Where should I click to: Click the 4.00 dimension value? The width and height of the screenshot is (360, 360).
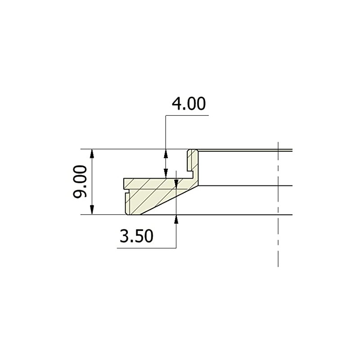189,104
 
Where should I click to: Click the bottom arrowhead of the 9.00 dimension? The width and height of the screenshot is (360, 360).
92,210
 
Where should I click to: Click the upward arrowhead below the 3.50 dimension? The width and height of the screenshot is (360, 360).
175,219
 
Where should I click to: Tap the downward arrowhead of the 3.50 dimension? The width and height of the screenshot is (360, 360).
175,183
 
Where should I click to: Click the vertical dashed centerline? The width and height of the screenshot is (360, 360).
279,225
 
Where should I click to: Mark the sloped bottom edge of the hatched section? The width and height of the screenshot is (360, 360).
166,202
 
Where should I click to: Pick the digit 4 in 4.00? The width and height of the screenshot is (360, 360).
176,104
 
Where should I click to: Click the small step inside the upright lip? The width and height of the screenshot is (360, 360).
191,173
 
